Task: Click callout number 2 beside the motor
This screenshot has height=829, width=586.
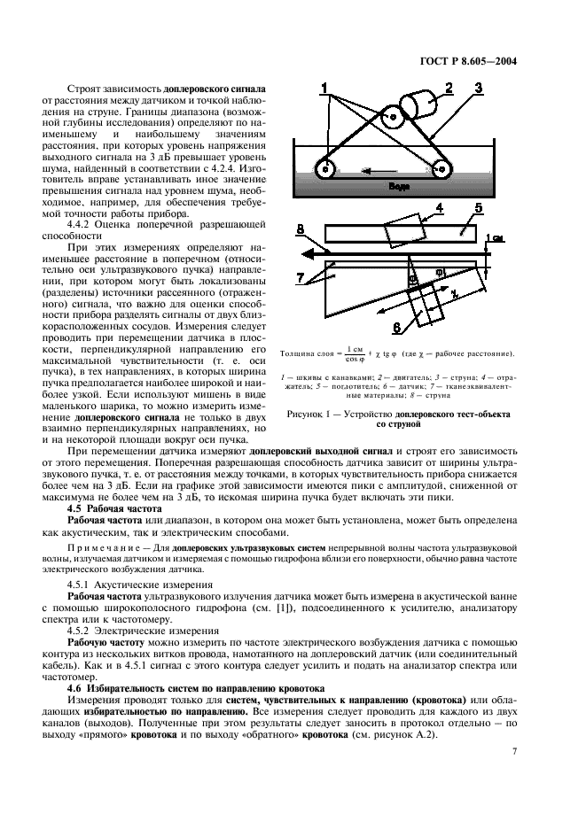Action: coord(449,87)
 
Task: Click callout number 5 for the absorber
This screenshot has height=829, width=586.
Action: coord(477,209)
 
